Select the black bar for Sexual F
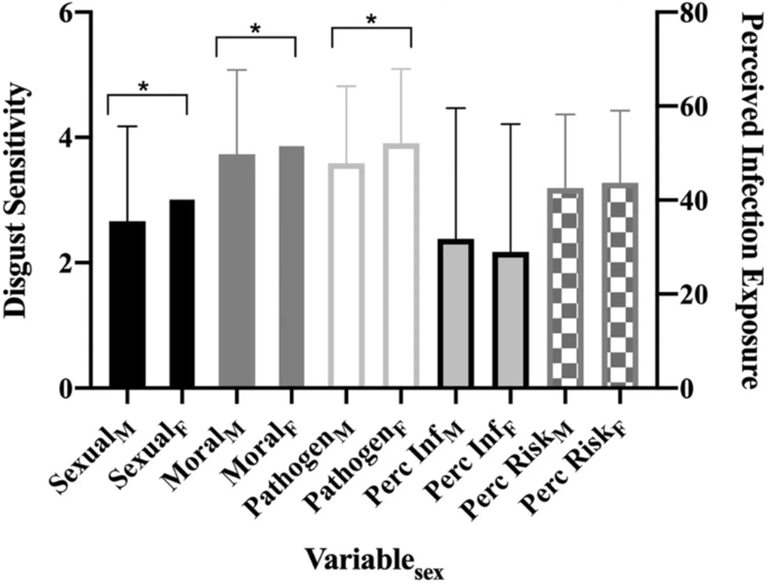pos(182,293)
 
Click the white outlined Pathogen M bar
pos(346,275)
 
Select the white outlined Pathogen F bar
pos(400,265)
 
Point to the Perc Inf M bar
pos(455,313)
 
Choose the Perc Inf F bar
pos(509,320)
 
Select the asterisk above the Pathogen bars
pos(371,21)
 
